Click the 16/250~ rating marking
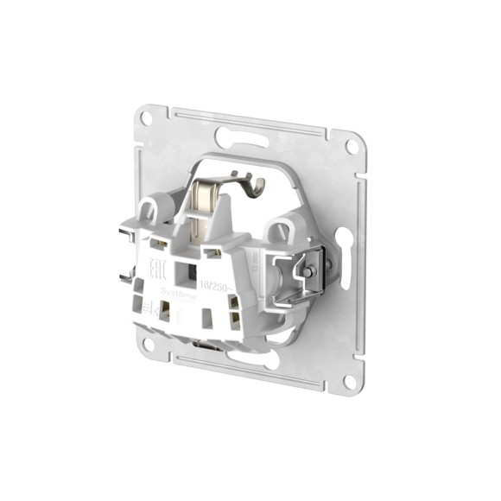[218, 282]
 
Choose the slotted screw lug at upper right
[278, 230]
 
